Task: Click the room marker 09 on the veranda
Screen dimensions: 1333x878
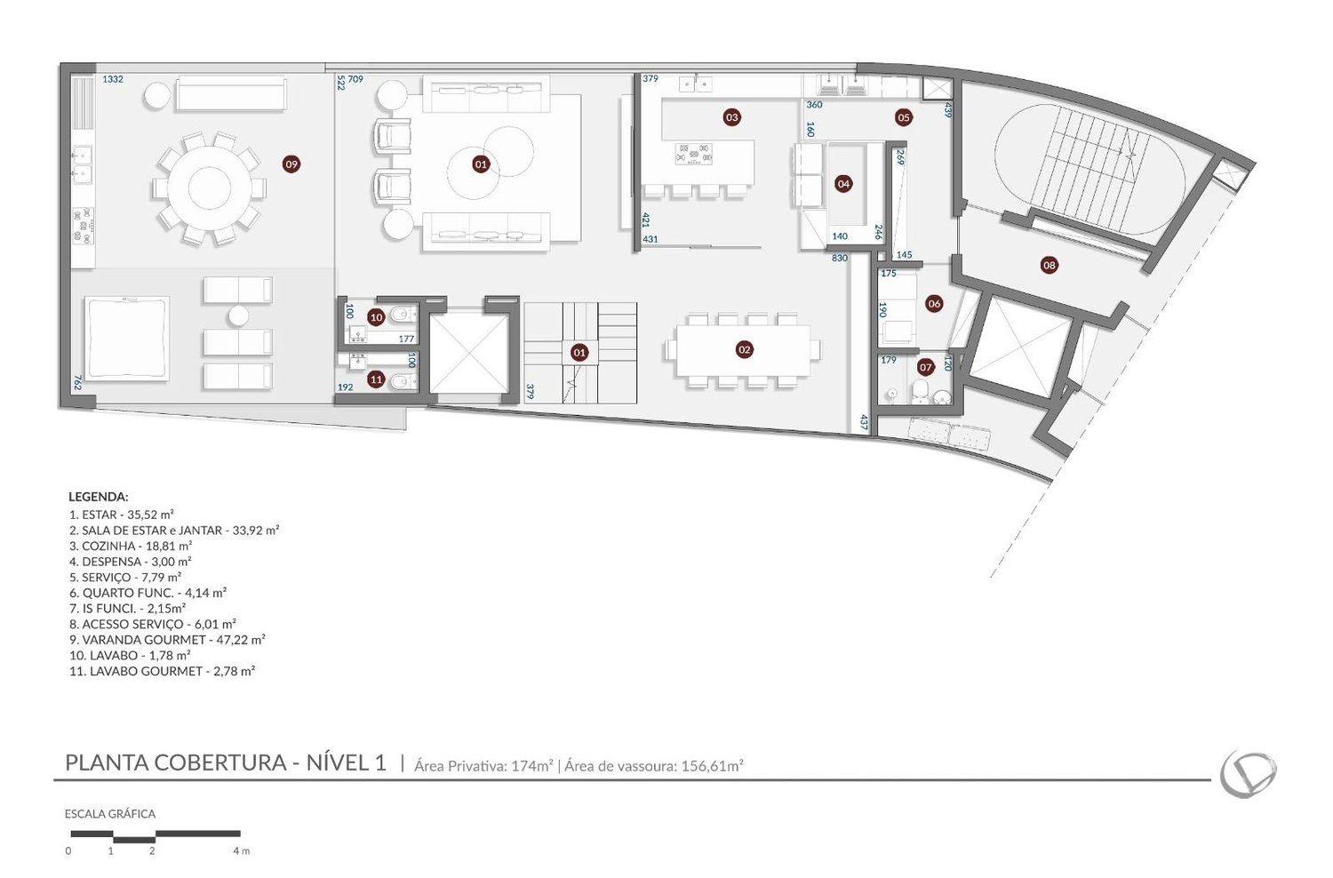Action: tap(291, 164)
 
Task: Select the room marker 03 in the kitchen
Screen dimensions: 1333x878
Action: tap(732, 117)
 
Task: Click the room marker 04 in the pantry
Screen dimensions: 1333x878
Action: tap(843, 184)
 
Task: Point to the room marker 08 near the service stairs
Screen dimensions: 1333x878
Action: tap(1050, 265)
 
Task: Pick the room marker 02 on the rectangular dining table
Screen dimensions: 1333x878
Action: tap(744, 349)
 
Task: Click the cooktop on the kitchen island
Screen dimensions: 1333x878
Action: tap(692, 153)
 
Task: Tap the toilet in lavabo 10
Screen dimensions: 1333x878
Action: tap(403, 315)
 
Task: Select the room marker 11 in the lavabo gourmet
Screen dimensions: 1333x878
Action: tap(376, 379)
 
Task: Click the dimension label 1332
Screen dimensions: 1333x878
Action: tap(113, 79)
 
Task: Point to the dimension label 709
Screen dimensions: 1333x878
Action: tap(355, 79)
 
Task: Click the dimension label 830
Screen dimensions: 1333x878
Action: tap(839, 259)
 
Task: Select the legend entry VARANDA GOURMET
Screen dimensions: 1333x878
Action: tap(167, 640)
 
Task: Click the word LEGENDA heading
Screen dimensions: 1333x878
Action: tap(98, 497)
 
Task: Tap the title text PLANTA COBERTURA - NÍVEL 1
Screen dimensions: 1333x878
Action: tap(226, 762)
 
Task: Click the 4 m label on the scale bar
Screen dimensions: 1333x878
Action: tap(242, 851)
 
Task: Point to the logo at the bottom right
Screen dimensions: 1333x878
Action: tap(1248, 774)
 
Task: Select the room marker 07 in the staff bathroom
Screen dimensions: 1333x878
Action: tap(925, 368)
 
